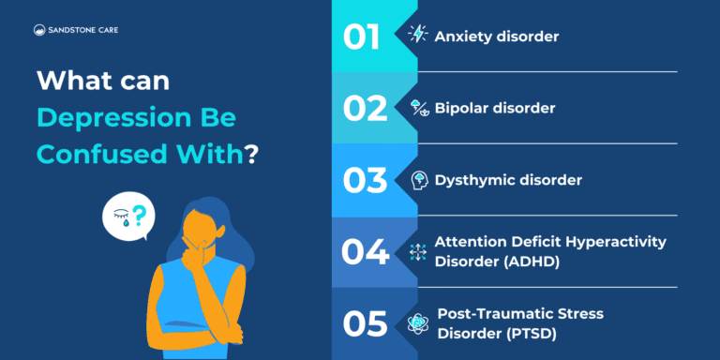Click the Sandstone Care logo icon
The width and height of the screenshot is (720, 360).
(39, 30)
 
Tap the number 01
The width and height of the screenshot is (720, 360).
(361, 37)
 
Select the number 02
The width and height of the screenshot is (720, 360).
(364, 109)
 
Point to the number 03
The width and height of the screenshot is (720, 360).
(364, 179)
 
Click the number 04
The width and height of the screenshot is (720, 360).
(364, 251)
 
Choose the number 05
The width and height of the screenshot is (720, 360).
(364, 323)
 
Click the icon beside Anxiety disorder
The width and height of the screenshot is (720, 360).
(417, 36)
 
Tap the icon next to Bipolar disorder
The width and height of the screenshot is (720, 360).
(417, 108)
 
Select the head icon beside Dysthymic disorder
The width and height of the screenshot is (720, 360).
(418, 179)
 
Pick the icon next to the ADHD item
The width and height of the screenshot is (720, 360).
(417, 251)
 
